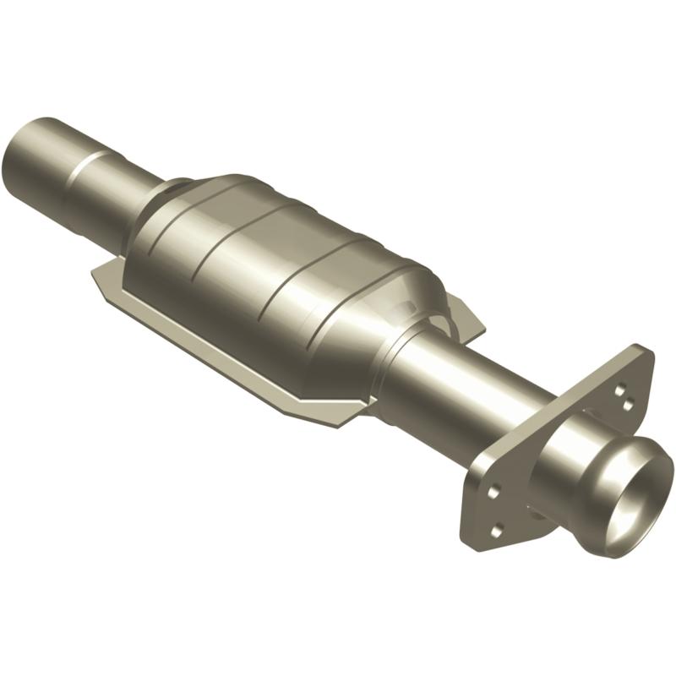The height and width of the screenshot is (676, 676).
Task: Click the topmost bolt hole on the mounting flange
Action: [621, 390]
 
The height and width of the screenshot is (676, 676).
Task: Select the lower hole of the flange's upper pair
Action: [627, 405]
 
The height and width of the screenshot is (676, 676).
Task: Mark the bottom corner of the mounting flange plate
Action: [470, 541]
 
